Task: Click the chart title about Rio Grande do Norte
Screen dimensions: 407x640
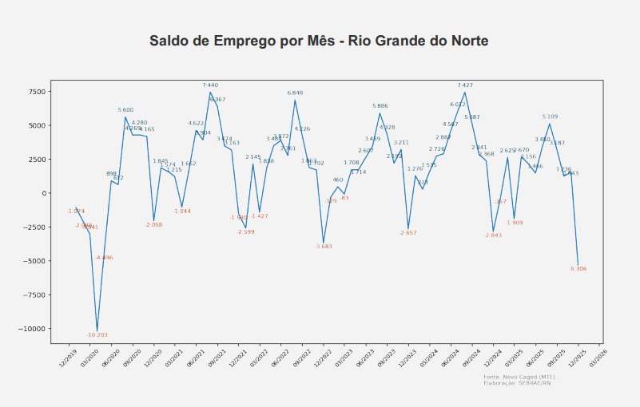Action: (x=320, y=41)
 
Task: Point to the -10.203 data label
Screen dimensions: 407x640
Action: (x=97, y=335)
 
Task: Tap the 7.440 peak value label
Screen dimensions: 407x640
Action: (x=210, y=85)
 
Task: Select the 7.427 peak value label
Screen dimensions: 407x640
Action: (x=465, y=85)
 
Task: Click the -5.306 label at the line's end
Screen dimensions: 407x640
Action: (x=578, y=269)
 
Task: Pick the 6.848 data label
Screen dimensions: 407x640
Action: (x=295, y=93)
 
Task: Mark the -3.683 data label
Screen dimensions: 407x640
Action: (x=324, y=247)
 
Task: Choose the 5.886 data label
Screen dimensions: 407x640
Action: (x=380, y=106)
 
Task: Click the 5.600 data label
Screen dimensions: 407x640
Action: (x=125, y=110)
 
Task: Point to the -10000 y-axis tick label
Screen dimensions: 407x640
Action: (x=32, y=329)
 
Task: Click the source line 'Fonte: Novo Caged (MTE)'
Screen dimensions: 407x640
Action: (x=519, y=377)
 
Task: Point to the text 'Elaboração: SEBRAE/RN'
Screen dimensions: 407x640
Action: (x=517, y=383)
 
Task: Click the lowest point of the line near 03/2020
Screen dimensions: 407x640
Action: (x=97, y=330)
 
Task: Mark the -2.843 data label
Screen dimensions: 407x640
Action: (x=493, y=235)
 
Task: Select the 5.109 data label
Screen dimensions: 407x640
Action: (x=550, y=117)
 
